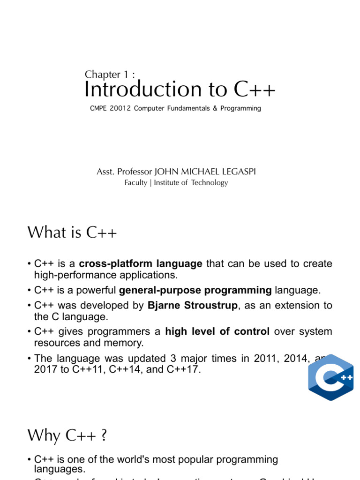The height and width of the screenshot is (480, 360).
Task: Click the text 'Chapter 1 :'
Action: pos(110,75)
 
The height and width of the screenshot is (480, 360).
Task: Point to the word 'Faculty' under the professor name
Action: pos(135,183)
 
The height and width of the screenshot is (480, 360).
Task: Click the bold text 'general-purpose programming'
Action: pos(195,291)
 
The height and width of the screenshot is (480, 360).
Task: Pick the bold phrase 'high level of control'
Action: pos(217,332)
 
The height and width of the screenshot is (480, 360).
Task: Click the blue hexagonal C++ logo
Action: pos(331,378)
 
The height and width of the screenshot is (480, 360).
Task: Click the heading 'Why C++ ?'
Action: pos(67,436)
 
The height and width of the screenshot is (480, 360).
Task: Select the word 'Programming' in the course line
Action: pos(241,109)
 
